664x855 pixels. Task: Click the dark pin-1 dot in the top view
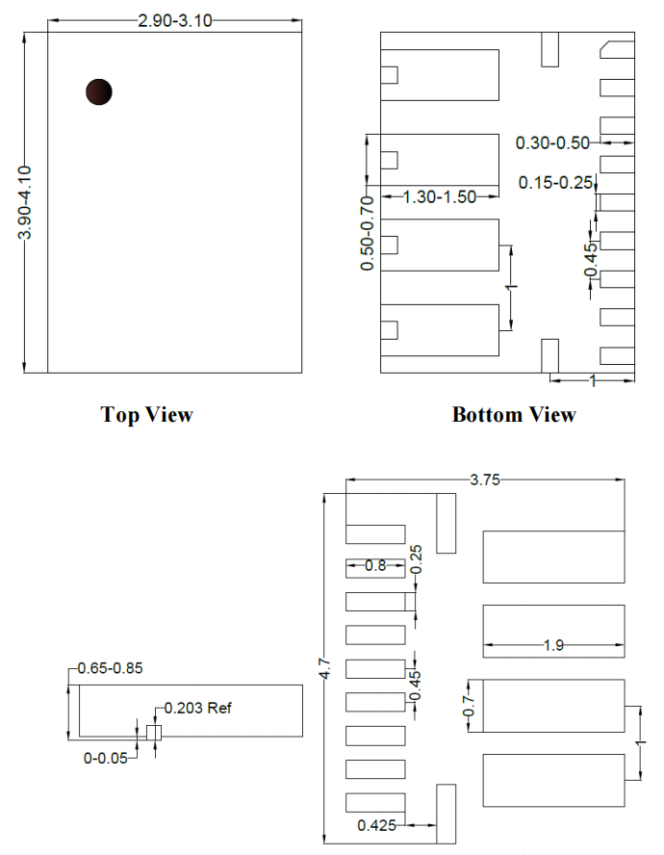(x=99, y=91)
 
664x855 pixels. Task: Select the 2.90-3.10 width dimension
(x=174, y=21)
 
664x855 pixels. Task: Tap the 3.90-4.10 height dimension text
(x=24, y=202)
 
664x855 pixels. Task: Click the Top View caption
(x=146, y=414)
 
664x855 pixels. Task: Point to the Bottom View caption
(x=514, y=414)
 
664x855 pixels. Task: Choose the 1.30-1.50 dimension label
(x=440, y=196)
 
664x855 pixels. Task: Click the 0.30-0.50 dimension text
(x=552, y=142)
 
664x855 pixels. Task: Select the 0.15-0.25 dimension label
(x=555, y=183)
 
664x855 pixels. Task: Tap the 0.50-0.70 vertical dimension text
(x=368, y=233)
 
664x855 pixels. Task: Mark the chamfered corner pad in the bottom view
(x=617, y=50)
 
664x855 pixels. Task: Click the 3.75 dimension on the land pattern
(x=485, y=479)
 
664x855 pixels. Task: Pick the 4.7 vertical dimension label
(x=325, y=668)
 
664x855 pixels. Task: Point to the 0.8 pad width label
(x=375, y=565)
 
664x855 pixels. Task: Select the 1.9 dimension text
(x=553, y=646)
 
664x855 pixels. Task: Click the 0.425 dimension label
(x=376, y=825)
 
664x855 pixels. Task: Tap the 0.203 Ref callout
(x=198, y=709)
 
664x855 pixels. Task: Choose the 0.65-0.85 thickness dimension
(x=110, y=668)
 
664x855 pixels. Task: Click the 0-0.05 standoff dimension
(x=105, y=759)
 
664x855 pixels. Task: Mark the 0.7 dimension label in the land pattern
(x=469, y=706)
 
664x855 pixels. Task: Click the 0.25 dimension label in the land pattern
(x=416, y=558)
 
